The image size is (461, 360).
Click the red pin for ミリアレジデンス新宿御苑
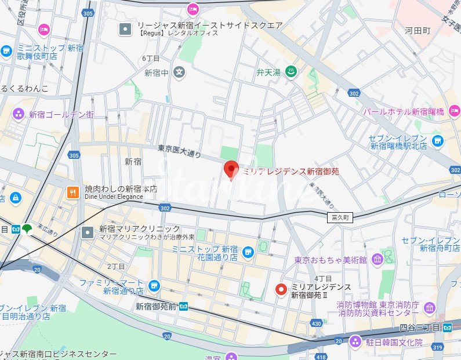[231, 169]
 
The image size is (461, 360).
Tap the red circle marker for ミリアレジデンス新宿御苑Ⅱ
[281, 289]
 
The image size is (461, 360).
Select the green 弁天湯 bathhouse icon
[293, 72]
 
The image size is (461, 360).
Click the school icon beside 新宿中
[180, 72]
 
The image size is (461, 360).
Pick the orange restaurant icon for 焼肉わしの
[73, 192]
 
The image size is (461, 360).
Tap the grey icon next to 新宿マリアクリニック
[87, 232]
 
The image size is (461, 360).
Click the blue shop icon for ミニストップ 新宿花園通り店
[248, 252]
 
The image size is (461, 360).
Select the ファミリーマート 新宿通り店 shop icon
[154, 285]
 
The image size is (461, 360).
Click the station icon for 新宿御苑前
[183, 306]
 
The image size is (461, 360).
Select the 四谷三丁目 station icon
[447, 327]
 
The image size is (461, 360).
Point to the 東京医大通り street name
[180, 152]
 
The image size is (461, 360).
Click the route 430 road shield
[316, 323]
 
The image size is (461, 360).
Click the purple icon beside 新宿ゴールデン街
[19, 114]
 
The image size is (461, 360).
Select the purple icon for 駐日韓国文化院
[355, 341]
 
